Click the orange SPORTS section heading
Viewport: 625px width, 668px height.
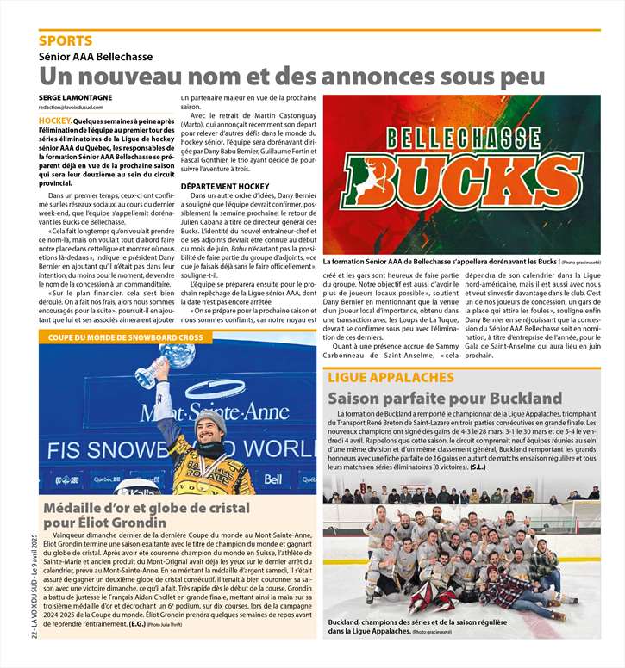[65, 40]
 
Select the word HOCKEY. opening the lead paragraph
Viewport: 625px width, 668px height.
[54, 122]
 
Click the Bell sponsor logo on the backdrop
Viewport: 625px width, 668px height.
[273, 479]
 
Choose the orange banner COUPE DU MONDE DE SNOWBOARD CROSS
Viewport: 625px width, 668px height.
[126, 337]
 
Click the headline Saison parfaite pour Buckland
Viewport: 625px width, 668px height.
[445, 399]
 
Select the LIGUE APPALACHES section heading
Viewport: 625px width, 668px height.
[391, 377]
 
